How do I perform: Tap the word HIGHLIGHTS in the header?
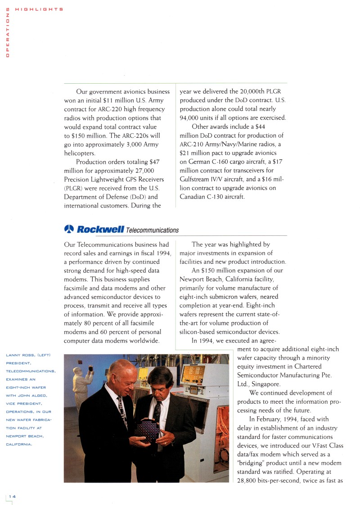(39, 9)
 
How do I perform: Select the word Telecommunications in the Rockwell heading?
(152, 230)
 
